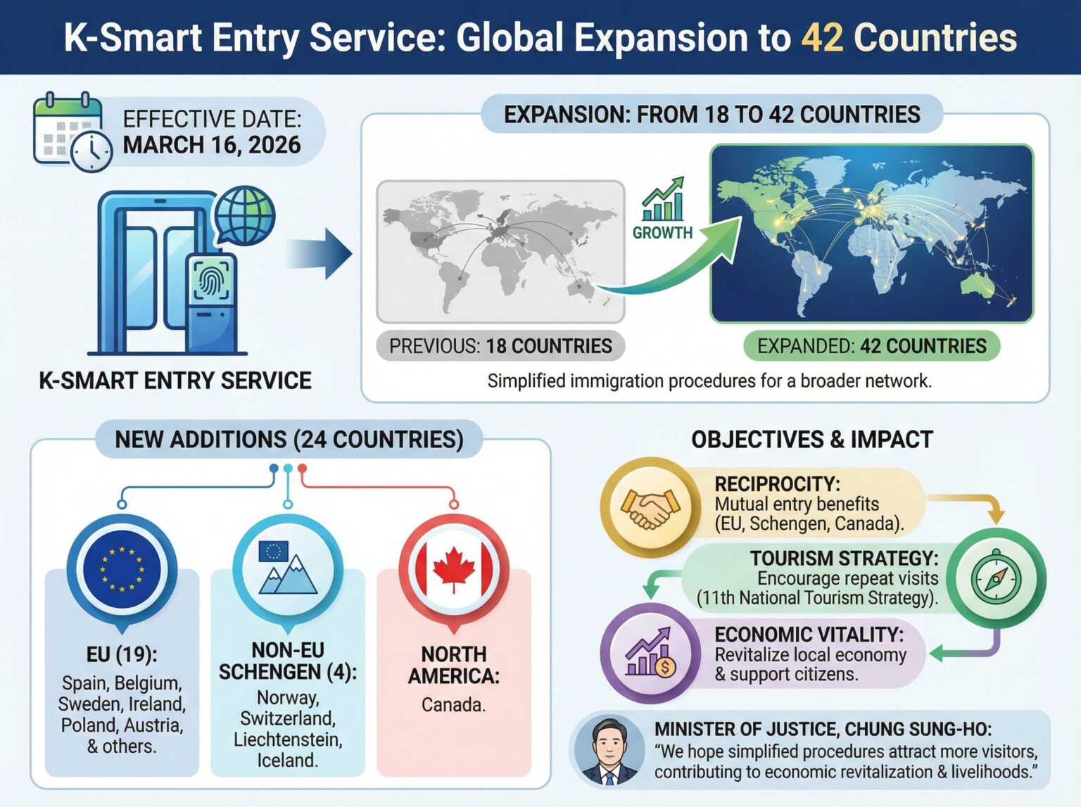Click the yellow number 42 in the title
(x=821, y=37)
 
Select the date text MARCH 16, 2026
(x=212, y=145)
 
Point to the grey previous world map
(x=500, y=251)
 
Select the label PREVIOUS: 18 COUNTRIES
(x=500, y=346)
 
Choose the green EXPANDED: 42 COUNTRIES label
(x=871, y=346)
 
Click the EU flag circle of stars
(x=122, y=568)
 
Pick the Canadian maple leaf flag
(x=453, y=568)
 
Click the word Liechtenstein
(x=288, y=740)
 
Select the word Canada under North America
(x=453, y=704)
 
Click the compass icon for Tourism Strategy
(x=995, y=579)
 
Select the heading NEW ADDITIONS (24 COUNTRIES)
(x=289, y=440)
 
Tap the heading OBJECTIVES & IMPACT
(x=811, y=440)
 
